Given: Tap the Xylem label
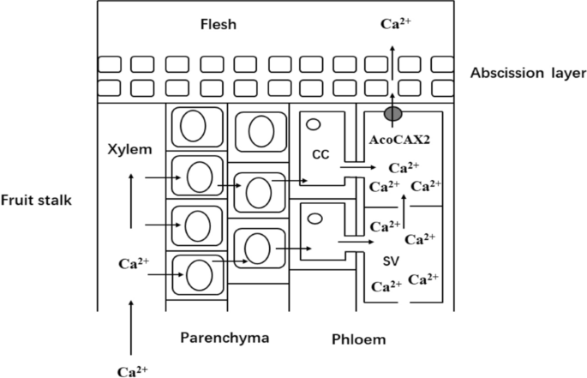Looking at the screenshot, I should (129, 149).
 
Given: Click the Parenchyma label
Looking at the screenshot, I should (225, 338).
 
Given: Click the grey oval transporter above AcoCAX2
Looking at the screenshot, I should (392, 113).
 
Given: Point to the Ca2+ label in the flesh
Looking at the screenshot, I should (395, 24).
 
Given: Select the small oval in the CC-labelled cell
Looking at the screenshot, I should (314, 124).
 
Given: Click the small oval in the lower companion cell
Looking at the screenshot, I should (314, 218).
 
